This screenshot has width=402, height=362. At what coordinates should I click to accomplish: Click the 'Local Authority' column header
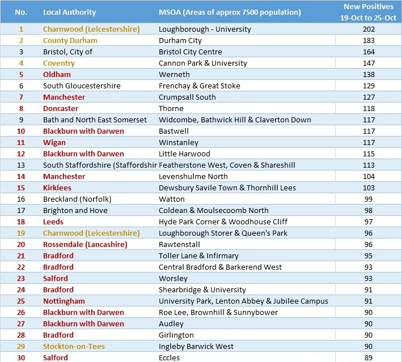click(x=69, y=12)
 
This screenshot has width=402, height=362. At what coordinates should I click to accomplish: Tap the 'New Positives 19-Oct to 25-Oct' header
click(x=368, y=12)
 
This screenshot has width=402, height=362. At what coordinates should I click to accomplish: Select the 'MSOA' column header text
click(x=230, y=12)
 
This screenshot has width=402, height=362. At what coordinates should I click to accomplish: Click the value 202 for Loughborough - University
click(x=369, y=29)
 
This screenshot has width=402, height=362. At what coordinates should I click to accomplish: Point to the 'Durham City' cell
click(x=180, y=40)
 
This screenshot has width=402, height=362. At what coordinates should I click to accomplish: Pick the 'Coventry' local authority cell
click(x=59, y=63)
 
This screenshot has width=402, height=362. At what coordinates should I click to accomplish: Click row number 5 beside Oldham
click(x=21, y=75)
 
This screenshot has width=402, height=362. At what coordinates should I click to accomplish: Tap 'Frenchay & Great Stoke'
click(x=199, y=86)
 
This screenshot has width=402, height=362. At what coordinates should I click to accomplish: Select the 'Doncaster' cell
click(x=61, y=109)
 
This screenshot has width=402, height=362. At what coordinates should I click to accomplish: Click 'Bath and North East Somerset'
click(x=95, y=120)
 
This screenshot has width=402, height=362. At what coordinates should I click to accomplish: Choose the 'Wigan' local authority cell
click(x=54, y=143)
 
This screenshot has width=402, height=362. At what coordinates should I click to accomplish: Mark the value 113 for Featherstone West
click(x=369, y=165)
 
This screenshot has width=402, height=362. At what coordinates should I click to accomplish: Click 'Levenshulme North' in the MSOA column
click(x=193, y=177)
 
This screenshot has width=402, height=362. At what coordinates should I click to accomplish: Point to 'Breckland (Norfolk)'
click(x=77, y=199)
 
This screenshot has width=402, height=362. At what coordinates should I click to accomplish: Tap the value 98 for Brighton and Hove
click(x=369, y=211)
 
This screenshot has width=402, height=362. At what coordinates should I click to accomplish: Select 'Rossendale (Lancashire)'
click(x=85, y=244)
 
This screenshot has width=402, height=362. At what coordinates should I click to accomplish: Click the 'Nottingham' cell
click(x=64, y=301)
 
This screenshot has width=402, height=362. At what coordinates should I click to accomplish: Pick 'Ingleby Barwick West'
click(x=196, y=346)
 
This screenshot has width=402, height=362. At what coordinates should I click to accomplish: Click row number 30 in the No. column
click(x=21, y=357)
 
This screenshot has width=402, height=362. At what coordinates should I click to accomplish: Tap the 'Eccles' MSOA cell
click(x=169, y=357)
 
